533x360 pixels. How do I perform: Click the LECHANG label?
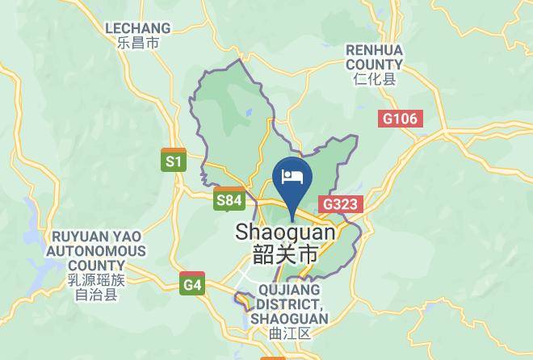[x=138, y=28]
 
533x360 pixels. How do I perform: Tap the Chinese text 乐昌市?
[x=138, y=44]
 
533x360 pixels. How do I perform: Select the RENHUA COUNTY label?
[x=374, y=57]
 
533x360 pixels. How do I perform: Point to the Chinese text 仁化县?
[x=374, y=79]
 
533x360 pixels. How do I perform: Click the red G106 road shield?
[x=400, y=119]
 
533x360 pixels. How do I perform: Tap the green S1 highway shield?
[x=174, y=161]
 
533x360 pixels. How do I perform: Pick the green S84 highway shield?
[x=229, y=200]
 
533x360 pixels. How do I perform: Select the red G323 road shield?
[x=339, y=204]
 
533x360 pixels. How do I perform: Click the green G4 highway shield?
[x=192, y=284]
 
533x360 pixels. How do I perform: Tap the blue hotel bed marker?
[x=292, y=175]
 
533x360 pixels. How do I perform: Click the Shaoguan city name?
[x=285, y=232]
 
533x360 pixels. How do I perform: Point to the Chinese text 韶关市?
[x=285, y=255]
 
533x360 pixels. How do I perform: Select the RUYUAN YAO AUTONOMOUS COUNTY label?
[x=96, y=250]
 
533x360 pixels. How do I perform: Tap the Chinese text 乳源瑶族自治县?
[x=96, y=287]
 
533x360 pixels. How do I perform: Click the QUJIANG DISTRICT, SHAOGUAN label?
[x=289, y=303]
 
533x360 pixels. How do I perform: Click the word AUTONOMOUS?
[x=96, y=251]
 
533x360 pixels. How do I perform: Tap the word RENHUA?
[x=374, y=50]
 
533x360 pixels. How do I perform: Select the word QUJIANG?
[x=289, y=289]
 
